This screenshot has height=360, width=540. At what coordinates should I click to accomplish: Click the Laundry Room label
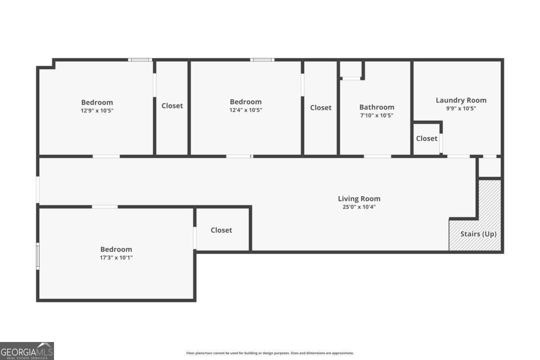461,100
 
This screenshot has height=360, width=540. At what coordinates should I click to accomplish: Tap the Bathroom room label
377,107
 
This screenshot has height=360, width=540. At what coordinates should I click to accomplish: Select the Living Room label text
359,199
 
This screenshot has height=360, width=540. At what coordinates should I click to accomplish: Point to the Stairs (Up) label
478,234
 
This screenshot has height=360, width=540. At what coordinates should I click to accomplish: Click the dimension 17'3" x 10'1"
116,257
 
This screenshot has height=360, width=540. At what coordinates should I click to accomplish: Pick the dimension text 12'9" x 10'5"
97,111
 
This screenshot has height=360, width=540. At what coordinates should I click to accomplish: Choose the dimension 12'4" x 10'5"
246,110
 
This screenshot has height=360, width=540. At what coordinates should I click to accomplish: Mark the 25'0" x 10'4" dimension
359,207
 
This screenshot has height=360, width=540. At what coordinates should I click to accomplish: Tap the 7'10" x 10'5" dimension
377,116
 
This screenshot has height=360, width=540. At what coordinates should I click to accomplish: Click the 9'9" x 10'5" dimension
461,108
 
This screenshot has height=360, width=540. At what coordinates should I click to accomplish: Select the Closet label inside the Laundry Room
427,139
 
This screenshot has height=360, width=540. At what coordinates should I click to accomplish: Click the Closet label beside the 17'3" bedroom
221,230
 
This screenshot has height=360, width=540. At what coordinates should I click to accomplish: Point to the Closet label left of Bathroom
320,108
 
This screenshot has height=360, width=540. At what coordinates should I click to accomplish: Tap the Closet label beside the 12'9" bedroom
172,106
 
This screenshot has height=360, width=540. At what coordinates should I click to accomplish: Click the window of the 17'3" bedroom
38,256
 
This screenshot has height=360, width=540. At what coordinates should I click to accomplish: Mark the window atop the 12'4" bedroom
262,60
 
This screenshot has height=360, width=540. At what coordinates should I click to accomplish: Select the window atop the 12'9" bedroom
140,60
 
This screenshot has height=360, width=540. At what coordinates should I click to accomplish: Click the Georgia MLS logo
27,351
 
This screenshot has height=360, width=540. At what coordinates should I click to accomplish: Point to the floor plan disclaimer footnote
270,353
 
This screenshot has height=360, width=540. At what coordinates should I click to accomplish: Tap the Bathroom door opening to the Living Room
377,157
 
